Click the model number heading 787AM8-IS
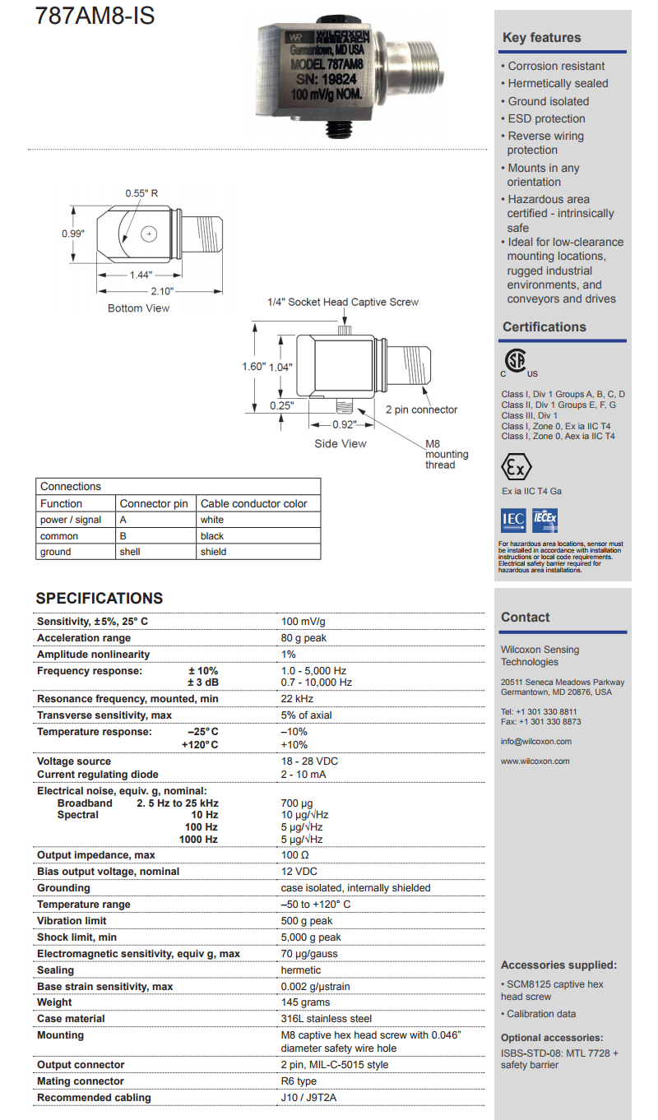[x=95, y=16]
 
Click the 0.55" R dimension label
[x=141, y=193]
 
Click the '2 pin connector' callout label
[x=422, y=410]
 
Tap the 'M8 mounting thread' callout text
[x=446, y=455]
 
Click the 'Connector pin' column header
[x=154, y=503]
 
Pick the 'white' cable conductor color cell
[x=211, y=520]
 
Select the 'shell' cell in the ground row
[x=130, y=552]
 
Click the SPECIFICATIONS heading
[x=100, y=599]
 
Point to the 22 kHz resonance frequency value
[x=297, y=699]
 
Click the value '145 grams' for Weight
[x=306, y=1002]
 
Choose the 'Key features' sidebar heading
[x=542, y=38]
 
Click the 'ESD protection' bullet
[x=546, y=118]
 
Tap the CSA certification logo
[x=516, y=362]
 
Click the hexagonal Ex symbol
[x=516, y=468]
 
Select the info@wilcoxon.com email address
[x=536, y=741]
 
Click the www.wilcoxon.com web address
[x=535, y=761]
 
